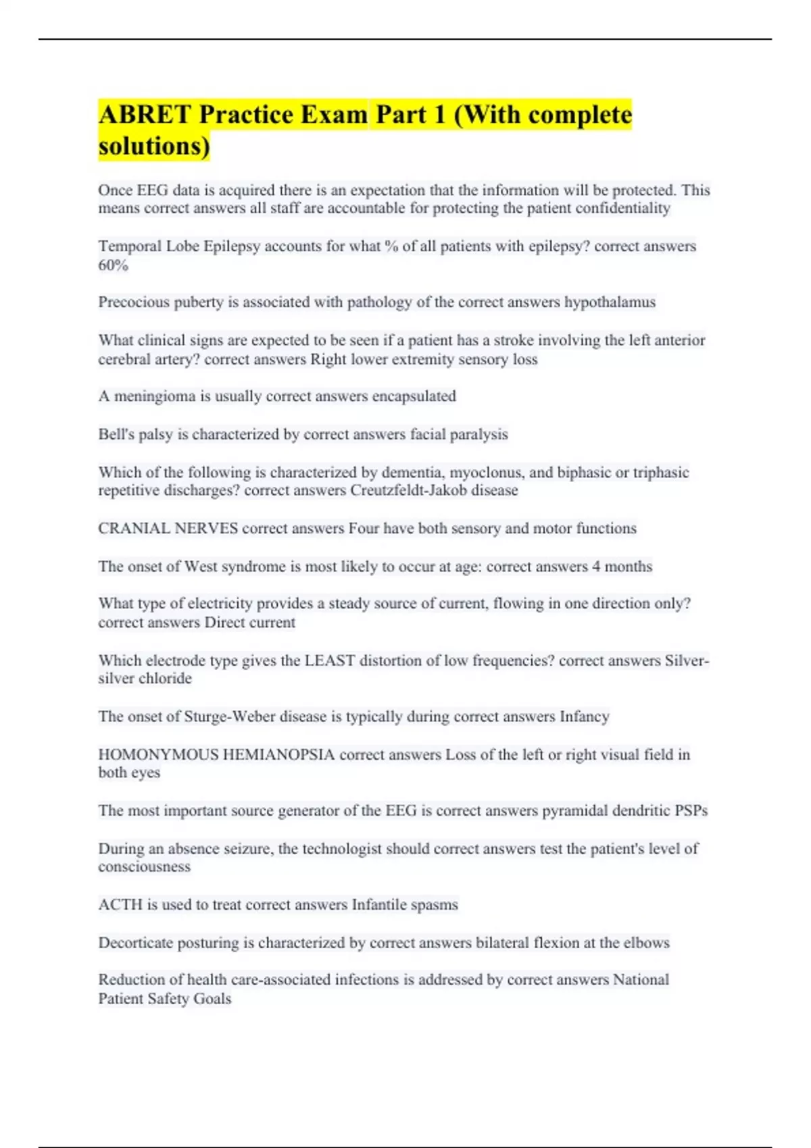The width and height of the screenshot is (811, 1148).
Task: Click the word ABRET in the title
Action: pos(145,115)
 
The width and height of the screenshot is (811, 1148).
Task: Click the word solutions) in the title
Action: pos(154,146)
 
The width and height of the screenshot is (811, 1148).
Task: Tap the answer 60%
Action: pos(113,265)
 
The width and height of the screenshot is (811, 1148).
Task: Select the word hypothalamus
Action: pos(610,302)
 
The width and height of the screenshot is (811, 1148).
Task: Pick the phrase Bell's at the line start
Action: pos(116,434)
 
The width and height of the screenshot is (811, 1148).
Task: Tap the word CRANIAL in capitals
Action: pos(134,528)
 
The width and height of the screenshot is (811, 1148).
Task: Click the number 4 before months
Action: pos(596,567)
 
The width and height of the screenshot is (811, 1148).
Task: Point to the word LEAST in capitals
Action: pos(330,660)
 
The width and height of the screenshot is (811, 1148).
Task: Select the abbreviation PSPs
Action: pos(691,810)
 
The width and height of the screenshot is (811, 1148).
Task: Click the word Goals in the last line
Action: pos(212,999)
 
